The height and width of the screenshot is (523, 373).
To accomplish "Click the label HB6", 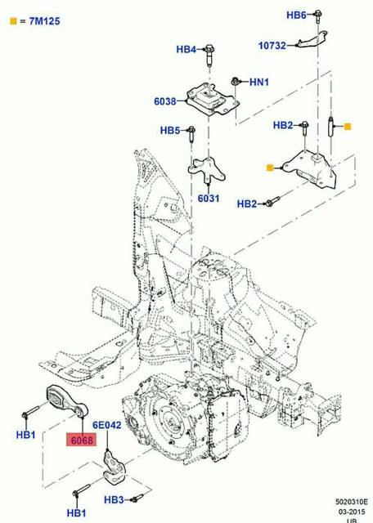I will tap(296, 16).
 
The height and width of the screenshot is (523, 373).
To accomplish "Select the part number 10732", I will tap(272, 46).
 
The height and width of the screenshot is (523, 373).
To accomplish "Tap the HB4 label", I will tap(187, 49).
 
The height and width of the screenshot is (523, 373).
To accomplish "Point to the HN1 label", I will tap(259, 82).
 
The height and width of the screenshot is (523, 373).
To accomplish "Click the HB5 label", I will tap(170, 130).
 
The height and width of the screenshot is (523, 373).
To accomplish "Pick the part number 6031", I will tap(208, 198).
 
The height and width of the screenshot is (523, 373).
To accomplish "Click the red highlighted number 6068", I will tap(82, 440).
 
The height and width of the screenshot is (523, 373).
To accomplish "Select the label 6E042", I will tap(106, 425).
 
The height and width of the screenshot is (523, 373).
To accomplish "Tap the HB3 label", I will tap(114, 499).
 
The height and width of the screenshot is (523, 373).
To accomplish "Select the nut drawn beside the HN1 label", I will tap(235, 81).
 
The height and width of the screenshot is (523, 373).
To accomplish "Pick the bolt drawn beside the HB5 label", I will tap(191, 130).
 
